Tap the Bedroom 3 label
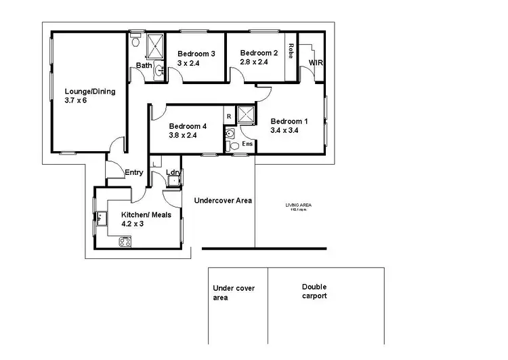pyautogui.click(x=196, y=54)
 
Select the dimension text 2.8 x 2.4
pyautogui.click(x=255, y=62)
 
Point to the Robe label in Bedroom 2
pyautogui.click(x=290, y=51)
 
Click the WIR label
pyautogui.click(x=315, y=62)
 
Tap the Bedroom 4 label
pyautogui.click(x=188, y=126)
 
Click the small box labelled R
pyautogui.click(x=229, y=117)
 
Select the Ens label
pyautogui.click(x=247, y=144)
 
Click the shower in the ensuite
pyautogui.click(x=245, y=115)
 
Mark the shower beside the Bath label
pyautogui.click(x=156, y=45)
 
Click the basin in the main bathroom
pyautogui.click(x=160, y=70)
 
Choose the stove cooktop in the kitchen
pyautogui.click(x=125, y=241)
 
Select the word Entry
pyautogui.click(x=133, y=172)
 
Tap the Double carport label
pyautogui.click(x=314, y=292)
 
